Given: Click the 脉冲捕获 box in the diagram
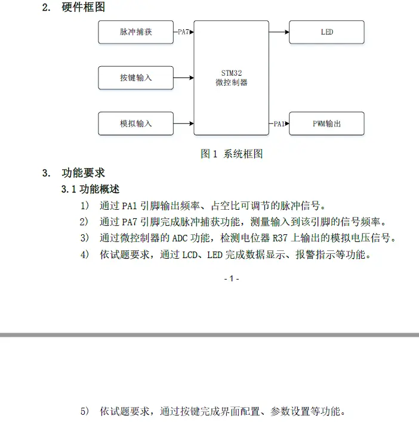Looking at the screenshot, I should (x=135, y=32).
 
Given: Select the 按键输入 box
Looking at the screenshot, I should (x=135, y=77).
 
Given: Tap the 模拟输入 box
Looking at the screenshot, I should (x=135, y=123).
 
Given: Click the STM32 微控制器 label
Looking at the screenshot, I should (x=231, y=78).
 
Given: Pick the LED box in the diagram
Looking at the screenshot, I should (x=326, y=32).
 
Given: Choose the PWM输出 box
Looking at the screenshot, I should (x=326, y=123).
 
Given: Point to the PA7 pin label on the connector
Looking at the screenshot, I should (x=184, y=32).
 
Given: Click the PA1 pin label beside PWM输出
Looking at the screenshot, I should (x=279, y=124).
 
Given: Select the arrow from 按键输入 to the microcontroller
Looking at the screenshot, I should (x=183, y=77).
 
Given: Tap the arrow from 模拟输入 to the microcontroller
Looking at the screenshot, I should (x=183, y=123).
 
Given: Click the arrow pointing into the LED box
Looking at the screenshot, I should (x=279, y=32).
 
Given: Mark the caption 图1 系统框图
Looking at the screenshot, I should (x=232, y=154).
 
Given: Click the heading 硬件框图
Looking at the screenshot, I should (x=84, y=8).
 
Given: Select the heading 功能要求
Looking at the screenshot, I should (x=84, y=173).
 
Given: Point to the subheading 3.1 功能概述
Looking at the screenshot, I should (x=91, y=189).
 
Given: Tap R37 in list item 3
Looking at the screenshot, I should (x=280, y=238).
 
